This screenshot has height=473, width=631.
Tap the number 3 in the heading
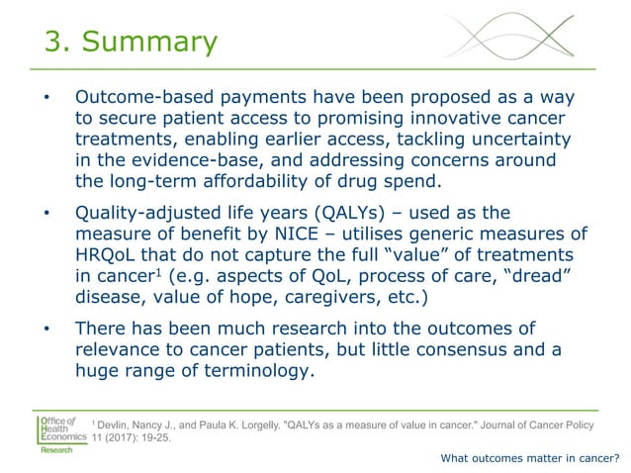[x=55, y=42]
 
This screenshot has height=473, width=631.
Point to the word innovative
[x=469, y=120]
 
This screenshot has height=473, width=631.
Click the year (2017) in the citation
[x=132, y=440]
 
